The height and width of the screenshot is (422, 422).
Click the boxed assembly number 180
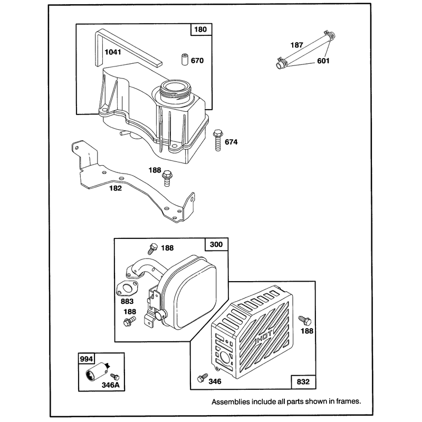tap(200, 30)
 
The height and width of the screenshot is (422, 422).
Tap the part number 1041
tap(113, 52)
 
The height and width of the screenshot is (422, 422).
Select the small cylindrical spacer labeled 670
tap(184, 60)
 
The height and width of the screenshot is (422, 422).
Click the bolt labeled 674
tap(217, 140)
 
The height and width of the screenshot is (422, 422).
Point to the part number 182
tap(116, 188)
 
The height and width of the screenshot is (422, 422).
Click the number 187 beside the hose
tap(297, 45)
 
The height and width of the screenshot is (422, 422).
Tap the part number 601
tap(323, 61)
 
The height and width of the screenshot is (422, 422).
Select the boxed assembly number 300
tap(216, 244)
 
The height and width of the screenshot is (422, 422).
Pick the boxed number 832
tap(303, 382)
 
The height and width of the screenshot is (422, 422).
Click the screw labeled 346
tap(203, 378)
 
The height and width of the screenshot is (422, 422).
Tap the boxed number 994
tap(87, 359)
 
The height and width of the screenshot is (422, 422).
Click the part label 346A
tap(111, 385)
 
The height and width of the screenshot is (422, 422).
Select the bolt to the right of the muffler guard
tap(305, 321)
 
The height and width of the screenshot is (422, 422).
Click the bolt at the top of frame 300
tap(153, 248)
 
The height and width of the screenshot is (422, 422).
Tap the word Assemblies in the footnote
tap(231, 402)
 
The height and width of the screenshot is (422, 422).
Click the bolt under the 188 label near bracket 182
tap(167, 178)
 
